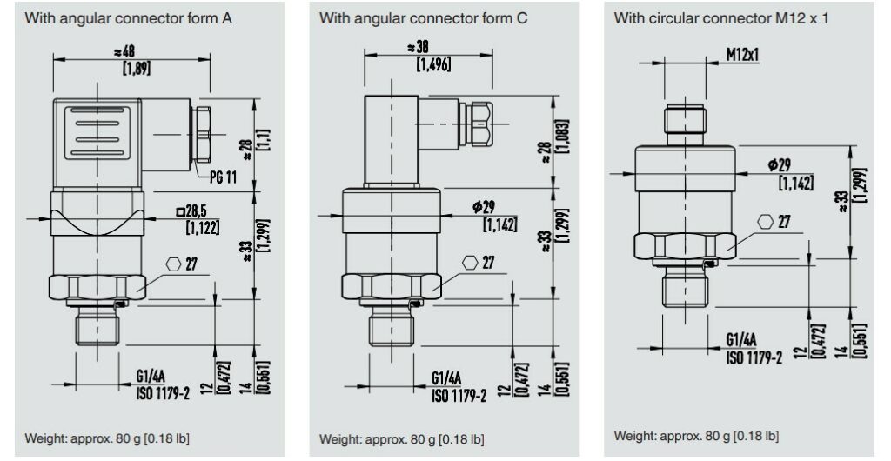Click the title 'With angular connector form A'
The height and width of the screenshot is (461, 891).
pyautogui.click(x=128, y=17)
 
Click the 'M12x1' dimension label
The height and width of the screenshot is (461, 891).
pyautogui.click(x=742, y=54)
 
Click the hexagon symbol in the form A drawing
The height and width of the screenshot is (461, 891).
pyautogui.click(x=173, y=264)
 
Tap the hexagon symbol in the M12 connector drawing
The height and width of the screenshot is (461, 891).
pyautogui.click(x=765, y=222)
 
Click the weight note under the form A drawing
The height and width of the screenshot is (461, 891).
pyautogui.click(x=107, y=437)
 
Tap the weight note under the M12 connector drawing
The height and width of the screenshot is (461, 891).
pyautogui.click(x=696, y=435)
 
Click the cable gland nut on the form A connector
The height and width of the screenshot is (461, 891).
pyautogui.click(x=203, y=135)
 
